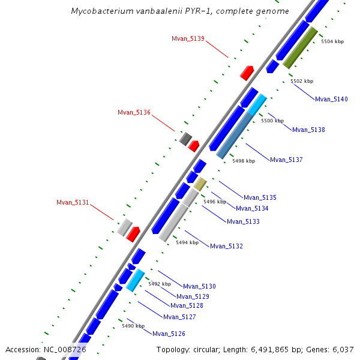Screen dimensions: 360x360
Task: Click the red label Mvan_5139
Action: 188,38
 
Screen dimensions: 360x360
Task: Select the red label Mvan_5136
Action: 134,112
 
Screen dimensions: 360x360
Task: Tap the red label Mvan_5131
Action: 73,202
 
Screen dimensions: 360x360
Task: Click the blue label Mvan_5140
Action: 331,99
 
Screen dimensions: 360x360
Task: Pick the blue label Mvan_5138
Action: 308,130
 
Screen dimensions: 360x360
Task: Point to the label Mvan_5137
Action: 286,160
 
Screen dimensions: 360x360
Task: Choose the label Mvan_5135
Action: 260,197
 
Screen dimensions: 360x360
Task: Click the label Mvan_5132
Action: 226,246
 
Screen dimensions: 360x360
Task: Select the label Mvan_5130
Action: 199,286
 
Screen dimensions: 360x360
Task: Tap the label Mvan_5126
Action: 169,334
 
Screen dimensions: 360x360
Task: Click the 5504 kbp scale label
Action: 332,41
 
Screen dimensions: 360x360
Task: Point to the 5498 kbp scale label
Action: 244,161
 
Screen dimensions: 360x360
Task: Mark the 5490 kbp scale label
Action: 133,326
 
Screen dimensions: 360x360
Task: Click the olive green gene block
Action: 300,47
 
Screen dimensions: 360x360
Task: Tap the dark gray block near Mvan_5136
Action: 185,139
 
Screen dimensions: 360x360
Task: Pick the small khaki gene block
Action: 200,184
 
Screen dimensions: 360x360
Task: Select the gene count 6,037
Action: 343,349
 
